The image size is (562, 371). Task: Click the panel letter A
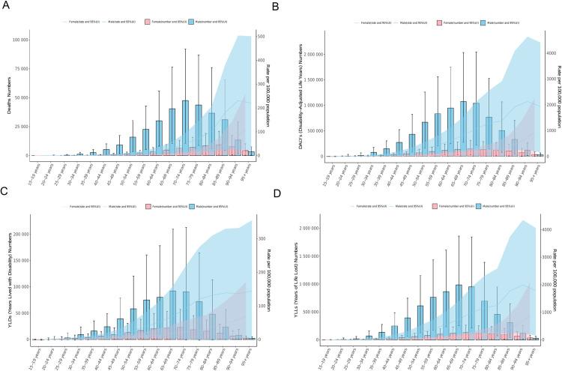pyautogui.click(x=5, y=7)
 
